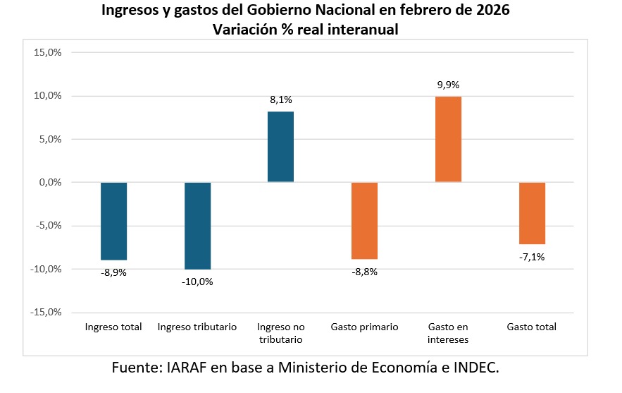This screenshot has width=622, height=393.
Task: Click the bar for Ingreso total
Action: pos(113,221)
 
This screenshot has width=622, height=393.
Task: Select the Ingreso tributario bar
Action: pos(197,226)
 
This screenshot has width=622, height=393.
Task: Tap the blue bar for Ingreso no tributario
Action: pos(281,147)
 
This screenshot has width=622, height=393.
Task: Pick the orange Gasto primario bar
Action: pos(364,221)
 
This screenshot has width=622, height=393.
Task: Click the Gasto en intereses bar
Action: pos(448,139)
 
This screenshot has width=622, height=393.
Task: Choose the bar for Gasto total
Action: pos(532,213)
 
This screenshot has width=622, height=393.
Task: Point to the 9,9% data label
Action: pos(448,85)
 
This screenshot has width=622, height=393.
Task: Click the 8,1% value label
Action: pos(281,100)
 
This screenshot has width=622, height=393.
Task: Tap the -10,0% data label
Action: pos(197,282)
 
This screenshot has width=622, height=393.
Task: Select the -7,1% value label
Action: pos(532,257)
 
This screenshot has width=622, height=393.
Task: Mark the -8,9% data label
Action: pos(113,272)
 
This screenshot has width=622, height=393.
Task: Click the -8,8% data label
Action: pos(364,272)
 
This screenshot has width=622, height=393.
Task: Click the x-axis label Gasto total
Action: pos(532,327)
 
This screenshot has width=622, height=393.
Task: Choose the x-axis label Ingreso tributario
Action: pos(197,327)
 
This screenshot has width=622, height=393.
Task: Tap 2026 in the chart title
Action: pos(492,11)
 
